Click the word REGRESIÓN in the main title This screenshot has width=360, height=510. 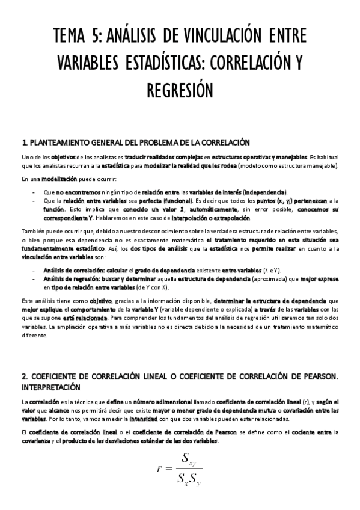click(x=180, y=91)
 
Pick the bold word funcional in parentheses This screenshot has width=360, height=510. click(x=172, y=200)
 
